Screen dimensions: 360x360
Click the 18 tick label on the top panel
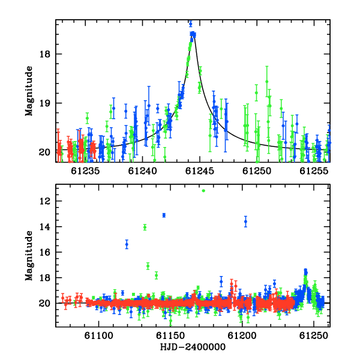pyautogui.click(x=45, y=54)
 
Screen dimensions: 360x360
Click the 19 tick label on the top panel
pyautogui.click(x=45, y=103)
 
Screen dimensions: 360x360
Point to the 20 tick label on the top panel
pyautogui.click(x=45, y=152)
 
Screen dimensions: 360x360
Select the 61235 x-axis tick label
pyautogui.click(x=85, y=171)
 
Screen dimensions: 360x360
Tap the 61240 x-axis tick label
pyautogui.click(x=142, y=171)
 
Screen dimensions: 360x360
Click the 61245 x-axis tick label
pyautogui.click(x=200, y=171)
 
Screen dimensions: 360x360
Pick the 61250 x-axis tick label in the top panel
pyautogui.click(x=257, y=171)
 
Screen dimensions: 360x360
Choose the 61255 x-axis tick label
pyautogui.click(x=314, y=171)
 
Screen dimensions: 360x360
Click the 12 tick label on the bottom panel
pyautogui.click(x=45, y=201)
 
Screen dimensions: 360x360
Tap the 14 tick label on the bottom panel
pyautogui.click(x=45, y=227)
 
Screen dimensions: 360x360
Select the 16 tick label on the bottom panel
pyautogui.click(x=45, y=253)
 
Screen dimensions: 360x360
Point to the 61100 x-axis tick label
pyautogui.click(x=99, y=335)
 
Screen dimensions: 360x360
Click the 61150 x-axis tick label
pyautogui.click(x=170, y=335)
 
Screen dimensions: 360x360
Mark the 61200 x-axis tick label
pyautogui.click(x=242, y=335)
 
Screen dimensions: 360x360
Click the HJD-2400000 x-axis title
pyautogui.click(x=193, y=347)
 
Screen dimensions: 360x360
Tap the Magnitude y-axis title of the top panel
pyautogui.click(x=29, y=91)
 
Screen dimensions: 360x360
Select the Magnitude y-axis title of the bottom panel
pyautogui.click(x=29, y=256)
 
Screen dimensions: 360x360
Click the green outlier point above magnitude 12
pyautogui.click(x=203, y=191)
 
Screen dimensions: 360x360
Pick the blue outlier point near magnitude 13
pyautogui.click(x=164, y=215)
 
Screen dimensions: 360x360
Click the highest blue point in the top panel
pyautogui.click(x=191, y=23)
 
